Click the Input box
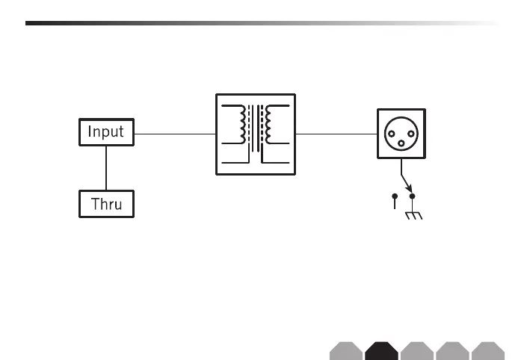pos(106,133)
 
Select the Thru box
pos(106,203)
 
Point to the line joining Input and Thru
pos(106,168)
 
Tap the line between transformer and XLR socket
pos(336,134)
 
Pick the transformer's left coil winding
pos(241,125)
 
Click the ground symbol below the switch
pos(412,215)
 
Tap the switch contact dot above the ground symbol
pos(412,197)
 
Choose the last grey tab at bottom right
pos(488,351)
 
